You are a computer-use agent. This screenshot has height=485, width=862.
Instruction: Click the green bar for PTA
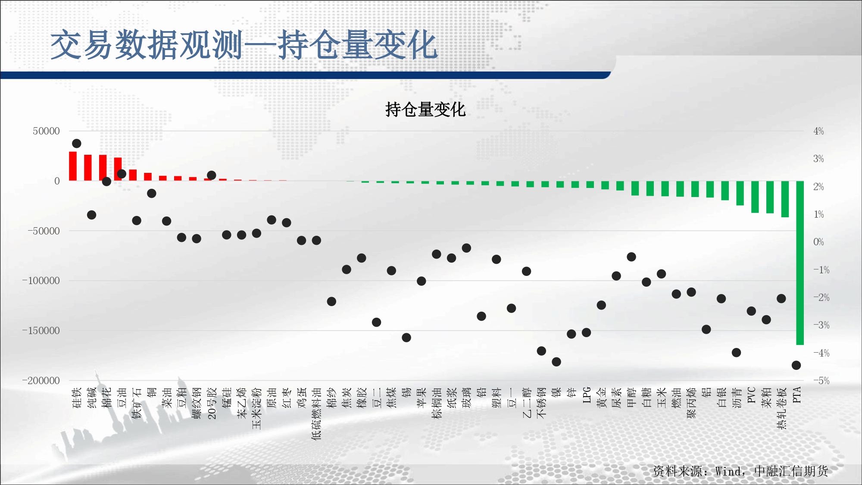800,263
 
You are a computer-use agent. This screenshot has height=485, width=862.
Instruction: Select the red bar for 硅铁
73,166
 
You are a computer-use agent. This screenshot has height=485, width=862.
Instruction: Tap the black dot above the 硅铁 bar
77,144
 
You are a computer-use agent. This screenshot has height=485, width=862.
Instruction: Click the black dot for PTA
796,365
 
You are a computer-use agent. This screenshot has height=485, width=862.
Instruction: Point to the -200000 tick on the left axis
41,381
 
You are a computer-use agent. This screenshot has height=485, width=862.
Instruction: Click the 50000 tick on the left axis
46,131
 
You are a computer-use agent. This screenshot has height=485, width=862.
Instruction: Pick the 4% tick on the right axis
818,131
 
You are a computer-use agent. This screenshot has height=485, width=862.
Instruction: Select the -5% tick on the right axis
821,381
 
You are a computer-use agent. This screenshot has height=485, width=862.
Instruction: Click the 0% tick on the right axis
818,242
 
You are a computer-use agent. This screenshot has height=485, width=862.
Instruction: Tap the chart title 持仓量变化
425,110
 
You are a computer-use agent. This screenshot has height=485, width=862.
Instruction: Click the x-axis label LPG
587,395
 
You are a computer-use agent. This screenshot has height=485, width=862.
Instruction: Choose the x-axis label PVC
751,395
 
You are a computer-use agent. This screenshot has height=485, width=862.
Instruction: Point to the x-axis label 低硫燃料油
317,413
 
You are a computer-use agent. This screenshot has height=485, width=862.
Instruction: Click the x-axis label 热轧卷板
781,408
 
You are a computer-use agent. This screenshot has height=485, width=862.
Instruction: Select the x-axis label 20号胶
212,403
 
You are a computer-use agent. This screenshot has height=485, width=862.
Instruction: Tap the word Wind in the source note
729,471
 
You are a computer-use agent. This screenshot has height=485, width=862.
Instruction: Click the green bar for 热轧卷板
785,199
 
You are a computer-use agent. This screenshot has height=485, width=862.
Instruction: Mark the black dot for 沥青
736,353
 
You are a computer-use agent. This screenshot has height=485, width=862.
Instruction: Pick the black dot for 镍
556,362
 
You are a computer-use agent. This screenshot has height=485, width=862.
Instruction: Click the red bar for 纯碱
88,168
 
